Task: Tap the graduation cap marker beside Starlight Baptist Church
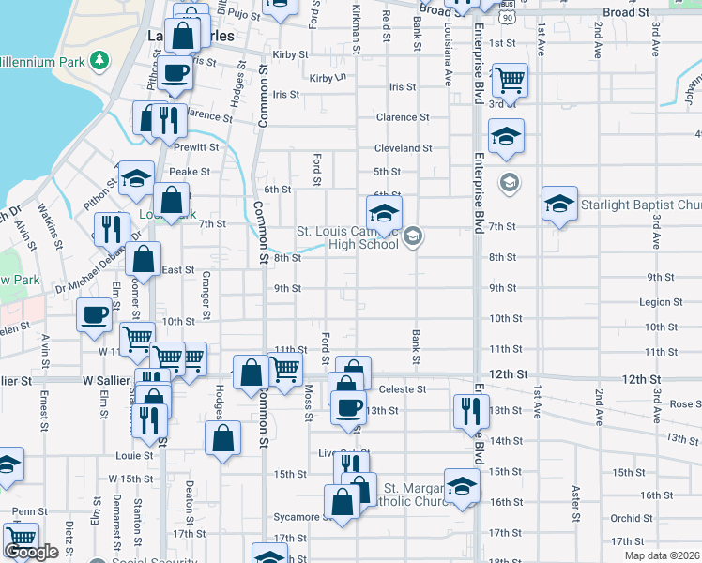point(559,204)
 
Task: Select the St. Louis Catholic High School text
point(348,238)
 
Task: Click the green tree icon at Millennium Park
point(98,61)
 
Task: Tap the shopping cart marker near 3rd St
point(510,81)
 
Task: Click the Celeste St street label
point(402,388)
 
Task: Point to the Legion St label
point(661,302)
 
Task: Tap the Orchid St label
point(625,518)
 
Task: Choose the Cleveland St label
point(404,148)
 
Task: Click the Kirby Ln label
point(328,78)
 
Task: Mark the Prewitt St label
point(195,147)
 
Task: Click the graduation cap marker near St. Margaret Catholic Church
point(462,486)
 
